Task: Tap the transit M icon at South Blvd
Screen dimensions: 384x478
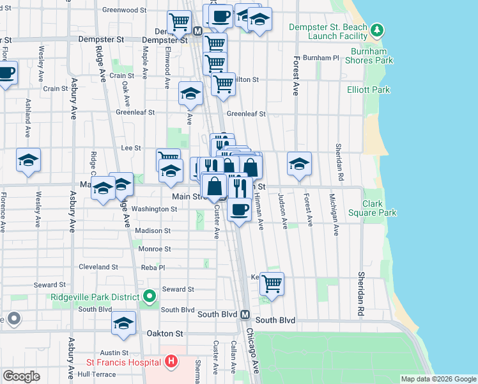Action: tap(245, 315)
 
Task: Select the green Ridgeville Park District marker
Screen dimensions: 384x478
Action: tap(150, 296)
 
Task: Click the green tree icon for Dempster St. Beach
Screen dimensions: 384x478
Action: tap(378, 30)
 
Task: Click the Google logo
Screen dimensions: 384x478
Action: tap(21, 376)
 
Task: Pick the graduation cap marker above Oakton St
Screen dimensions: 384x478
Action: tap(124, 323)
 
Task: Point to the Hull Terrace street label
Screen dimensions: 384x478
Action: tap(96, 374)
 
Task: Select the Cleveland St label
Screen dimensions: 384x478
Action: tap(98, 267)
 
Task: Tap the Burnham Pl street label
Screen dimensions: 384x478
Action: tap(321, 58)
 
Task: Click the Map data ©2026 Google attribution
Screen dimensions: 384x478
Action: tap(438, 379)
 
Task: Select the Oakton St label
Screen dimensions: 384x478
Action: tap(165, 333)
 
